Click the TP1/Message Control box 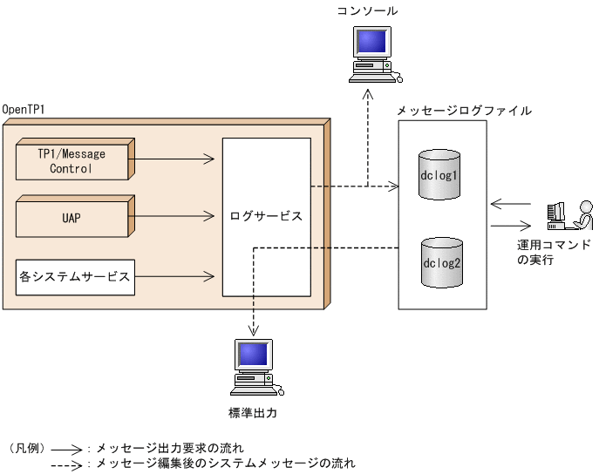tap(71, 160)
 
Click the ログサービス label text tap(266, 215)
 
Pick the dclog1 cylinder tap(439, 174)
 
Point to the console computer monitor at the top tap(371, 44)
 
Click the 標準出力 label tap(253, 410)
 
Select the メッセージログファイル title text tap(464, 111)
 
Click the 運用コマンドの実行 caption tap(553, 253)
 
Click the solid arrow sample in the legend tap(66, 448)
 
